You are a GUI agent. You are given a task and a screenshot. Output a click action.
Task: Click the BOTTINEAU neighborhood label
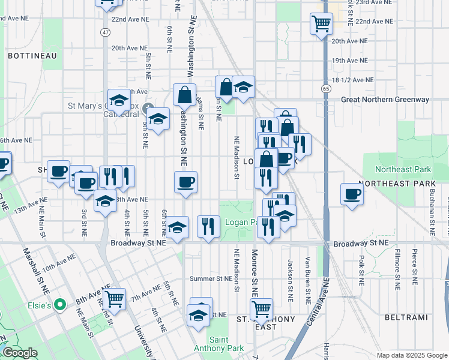click(32, 56)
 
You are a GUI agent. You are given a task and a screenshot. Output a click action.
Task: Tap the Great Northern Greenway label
click(393, 100)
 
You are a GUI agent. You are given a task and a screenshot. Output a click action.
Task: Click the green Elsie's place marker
click(59, 305)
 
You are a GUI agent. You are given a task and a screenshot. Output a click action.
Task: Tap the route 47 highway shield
click(106, 32)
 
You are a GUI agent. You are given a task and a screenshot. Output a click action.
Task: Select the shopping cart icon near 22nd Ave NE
click(321, 23)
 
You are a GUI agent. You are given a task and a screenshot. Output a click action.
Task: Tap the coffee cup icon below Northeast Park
click(352, 194)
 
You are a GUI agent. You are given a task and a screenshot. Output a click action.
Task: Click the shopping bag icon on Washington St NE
click(184, 94)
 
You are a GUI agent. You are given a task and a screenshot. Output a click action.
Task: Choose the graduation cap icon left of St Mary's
click(119, 100)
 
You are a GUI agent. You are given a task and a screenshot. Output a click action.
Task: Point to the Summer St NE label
click(211, 278)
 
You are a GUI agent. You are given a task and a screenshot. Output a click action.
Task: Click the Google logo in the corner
click(19, 353)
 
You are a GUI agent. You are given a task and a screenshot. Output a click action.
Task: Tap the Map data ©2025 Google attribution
click(411, 355)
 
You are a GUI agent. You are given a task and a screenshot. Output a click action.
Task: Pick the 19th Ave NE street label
click(349, 61)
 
